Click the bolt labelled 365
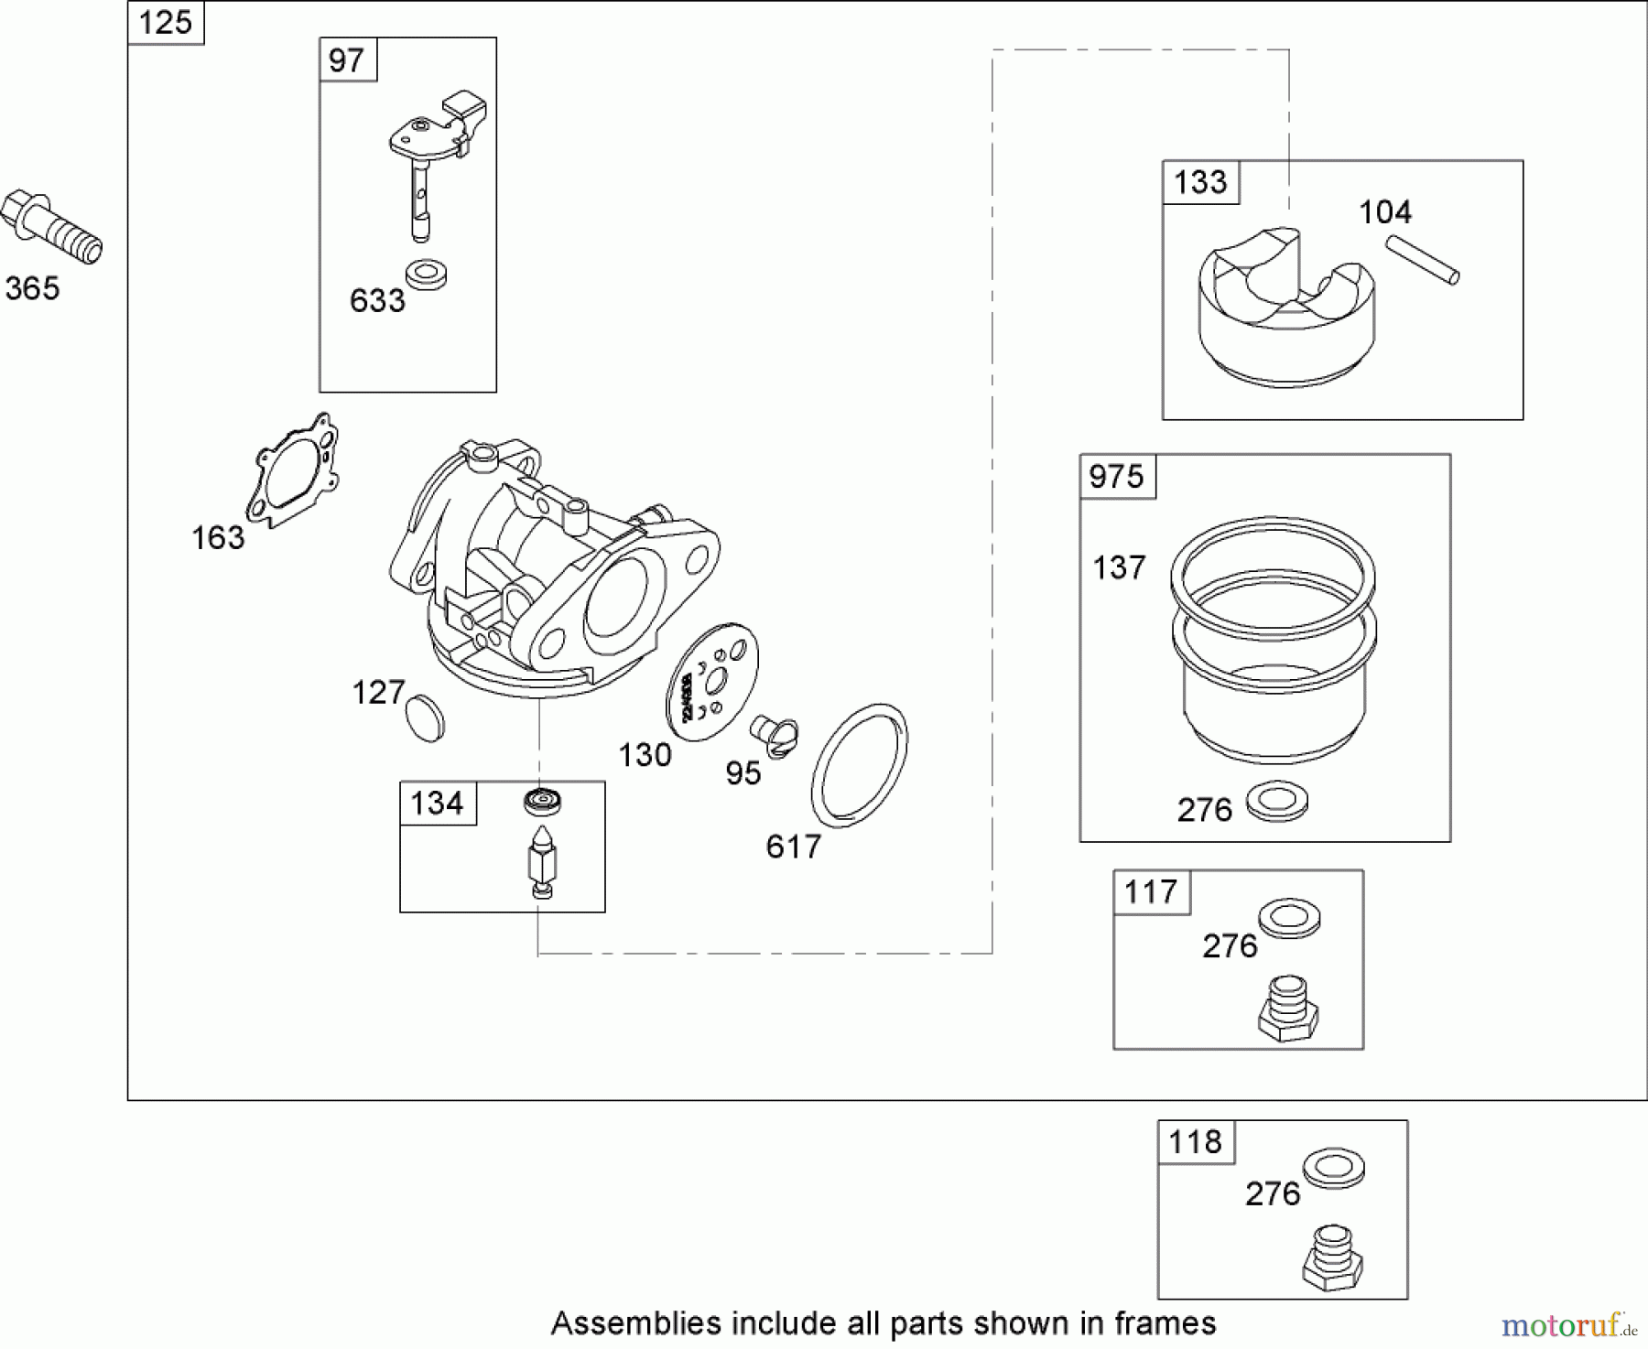click(51, 227)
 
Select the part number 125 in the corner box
click(166, 22)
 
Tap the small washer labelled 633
click(425, 275)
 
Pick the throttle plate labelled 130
click(712, 678)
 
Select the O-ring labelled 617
click(859, 765)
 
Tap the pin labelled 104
click(1421, 260)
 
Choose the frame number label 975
click(1117, 477)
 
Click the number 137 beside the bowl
click(1119, 568)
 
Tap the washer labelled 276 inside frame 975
click(1276, 801)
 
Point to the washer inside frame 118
click(1333, 1168)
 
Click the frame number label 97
click(346, 60)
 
